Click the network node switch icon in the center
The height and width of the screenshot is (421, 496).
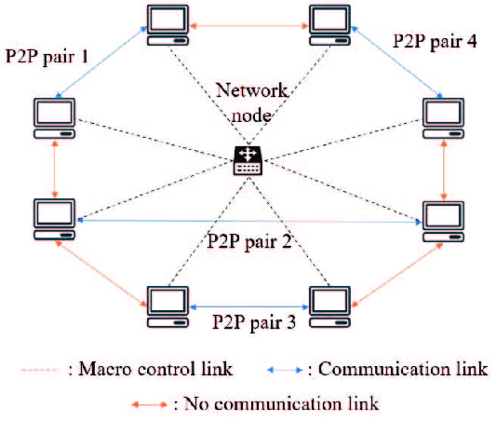248,160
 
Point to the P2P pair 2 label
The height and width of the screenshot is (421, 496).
248,240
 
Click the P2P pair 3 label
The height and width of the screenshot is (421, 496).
248,323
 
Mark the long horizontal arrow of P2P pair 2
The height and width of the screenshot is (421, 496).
248,221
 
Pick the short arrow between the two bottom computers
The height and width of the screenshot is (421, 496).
248,305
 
